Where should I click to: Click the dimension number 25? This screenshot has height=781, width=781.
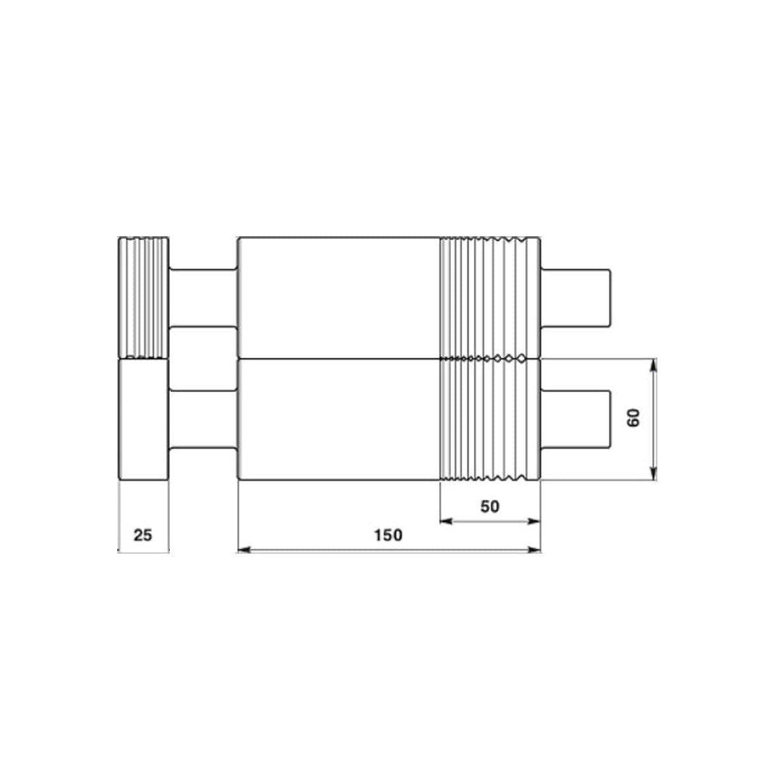(x=143, y=535)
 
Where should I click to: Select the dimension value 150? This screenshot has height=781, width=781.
(x=389, y=535)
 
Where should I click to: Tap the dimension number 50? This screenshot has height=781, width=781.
(x=490, y=506)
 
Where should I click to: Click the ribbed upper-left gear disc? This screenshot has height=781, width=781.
(x=144, y=298)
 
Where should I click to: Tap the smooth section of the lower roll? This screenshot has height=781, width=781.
(x=338, y=420)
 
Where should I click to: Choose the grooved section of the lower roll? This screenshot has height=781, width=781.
(x=490, y=420)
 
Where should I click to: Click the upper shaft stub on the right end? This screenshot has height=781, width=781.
(x=576, y=298)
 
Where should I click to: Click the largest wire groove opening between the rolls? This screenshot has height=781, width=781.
(x=521, y=358)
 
